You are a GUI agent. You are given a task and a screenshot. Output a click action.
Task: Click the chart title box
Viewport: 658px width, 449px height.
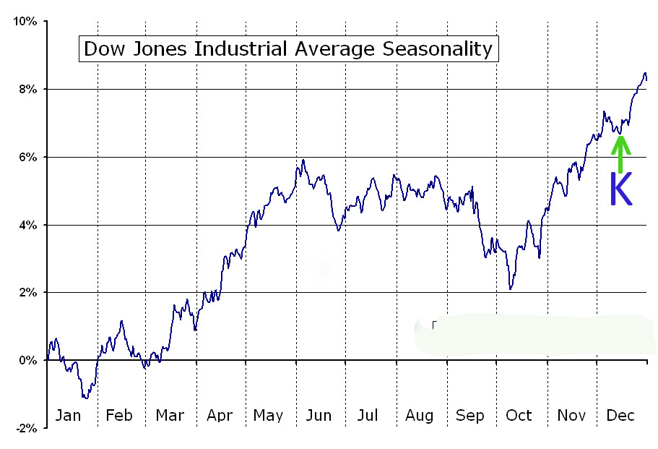tap(288, 49)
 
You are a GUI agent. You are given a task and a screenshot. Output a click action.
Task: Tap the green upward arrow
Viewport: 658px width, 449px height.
tap(620, 153)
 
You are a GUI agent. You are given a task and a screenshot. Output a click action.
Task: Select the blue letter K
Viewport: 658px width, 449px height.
tap(620, 189)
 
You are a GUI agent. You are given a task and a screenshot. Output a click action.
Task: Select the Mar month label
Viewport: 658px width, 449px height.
tap(170, 416)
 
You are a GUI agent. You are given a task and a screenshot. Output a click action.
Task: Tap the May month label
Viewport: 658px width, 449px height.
tap(268, 416)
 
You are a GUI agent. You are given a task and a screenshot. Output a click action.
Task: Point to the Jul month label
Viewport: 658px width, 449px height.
tap(368, 416)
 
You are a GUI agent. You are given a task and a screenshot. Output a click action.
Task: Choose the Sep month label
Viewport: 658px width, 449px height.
tap(470, 416)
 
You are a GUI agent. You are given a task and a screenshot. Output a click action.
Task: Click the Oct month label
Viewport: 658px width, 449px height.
tap(519, 416)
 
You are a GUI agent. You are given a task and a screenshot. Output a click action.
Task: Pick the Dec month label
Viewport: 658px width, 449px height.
tap(620, 416)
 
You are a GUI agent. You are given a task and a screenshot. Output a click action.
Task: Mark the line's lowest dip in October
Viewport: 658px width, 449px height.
tap(511, 289)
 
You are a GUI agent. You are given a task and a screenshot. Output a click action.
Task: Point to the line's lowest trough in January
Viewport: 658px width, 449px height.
tap(85, 398)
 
